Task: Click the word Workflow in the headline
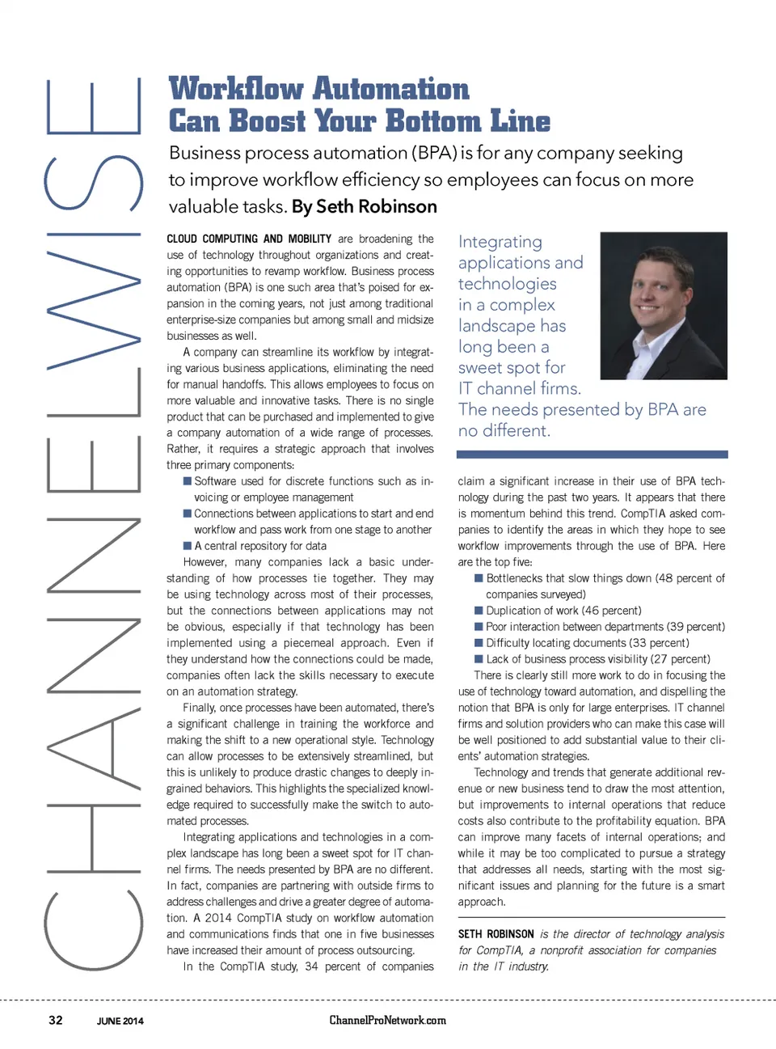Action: [237, 88]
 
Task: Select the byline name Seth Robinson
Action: [376, 207]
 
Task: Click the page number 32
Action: [56, 1020]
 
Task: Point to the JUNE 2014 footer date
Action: [120, 1021]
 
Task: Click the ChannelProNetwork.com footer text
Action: [387, 1020]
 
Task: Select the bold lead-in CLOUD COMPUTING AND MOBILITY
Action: [249, 239]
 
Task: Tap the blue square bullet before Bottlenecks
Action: [479, 578]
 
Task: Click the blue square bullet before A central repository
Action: [188, 546]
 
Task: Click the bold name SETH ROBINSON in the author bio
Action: [496, 934]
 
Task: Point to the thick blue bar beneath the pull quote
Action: [593, 455]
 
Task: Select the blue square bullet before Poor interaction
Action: [479, 627]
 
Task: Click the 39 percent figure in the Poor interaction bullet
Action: [694, 627]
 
